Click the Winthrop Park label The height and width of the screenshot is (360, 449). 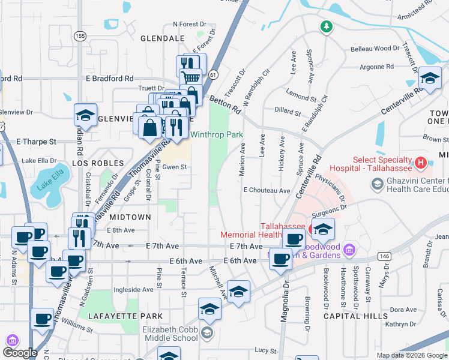pyautogui.click(x=217, y=135)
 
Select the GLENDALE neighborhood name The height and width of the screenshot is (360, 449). pyautogui.click(x=162, y=38)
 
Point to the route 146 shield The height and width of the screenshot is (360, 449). pyautogui.click(x=382, y=256)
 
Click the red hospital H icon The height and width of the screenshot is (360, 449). pyautogui.click(x=421, y=162)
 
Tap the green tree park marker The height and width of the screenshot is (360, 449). pyautogui.click(x=326, y=27)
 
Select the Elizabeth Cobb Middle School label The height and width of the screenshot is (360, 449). pyautogui.click(x=170, y=334)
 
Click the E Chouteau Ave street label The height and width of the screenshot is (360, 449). pyautogui.click(x=267, y=190)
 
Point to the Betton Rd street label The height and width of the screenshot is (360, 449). pyautogui.click(x=225, y=105)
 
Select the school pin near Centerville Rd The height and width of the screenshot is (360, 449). pyautogui.click(x=429, y=79)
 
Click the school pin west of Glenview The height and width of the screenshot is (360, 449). pyautogui.click(x=85, y=115)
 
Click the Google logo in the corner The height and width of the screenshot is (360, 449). pyautogui.click(x=20, y=353)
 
